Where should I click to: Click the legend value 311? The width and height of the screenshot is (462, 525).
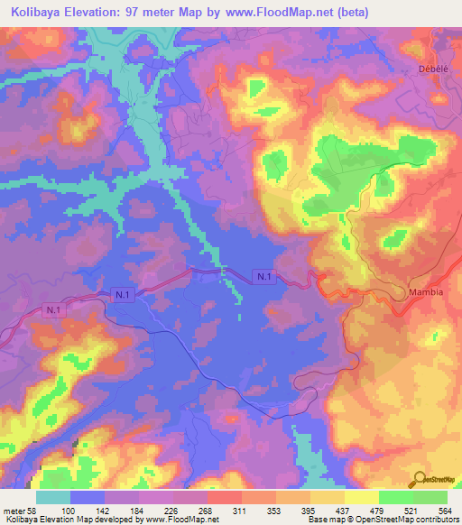coord(239,510)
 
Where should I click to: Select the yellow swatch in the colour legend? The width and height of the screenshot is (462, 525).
coord(362,497)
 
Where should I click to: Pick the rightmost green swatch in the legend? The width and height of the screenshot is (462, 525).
coord(430,497)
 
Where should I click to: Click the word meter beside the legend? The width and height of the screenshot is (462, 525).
coord(13,510)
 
